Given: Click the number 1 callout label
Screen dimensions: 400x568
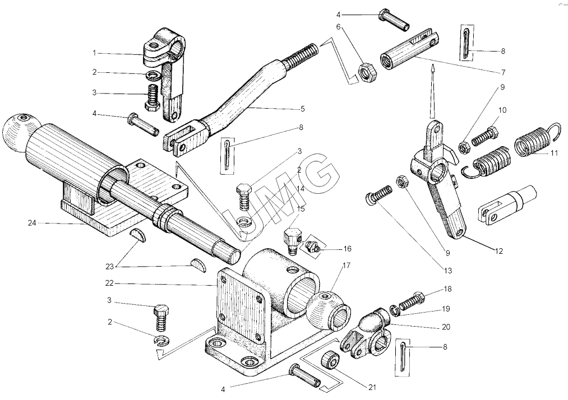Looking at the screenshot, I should (95, 53).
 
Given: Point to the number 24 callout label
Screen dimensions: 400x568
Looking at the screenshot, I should (32, 223).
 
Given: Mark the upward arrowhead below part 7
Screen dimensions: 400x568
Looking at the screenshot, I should (433, 69).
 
